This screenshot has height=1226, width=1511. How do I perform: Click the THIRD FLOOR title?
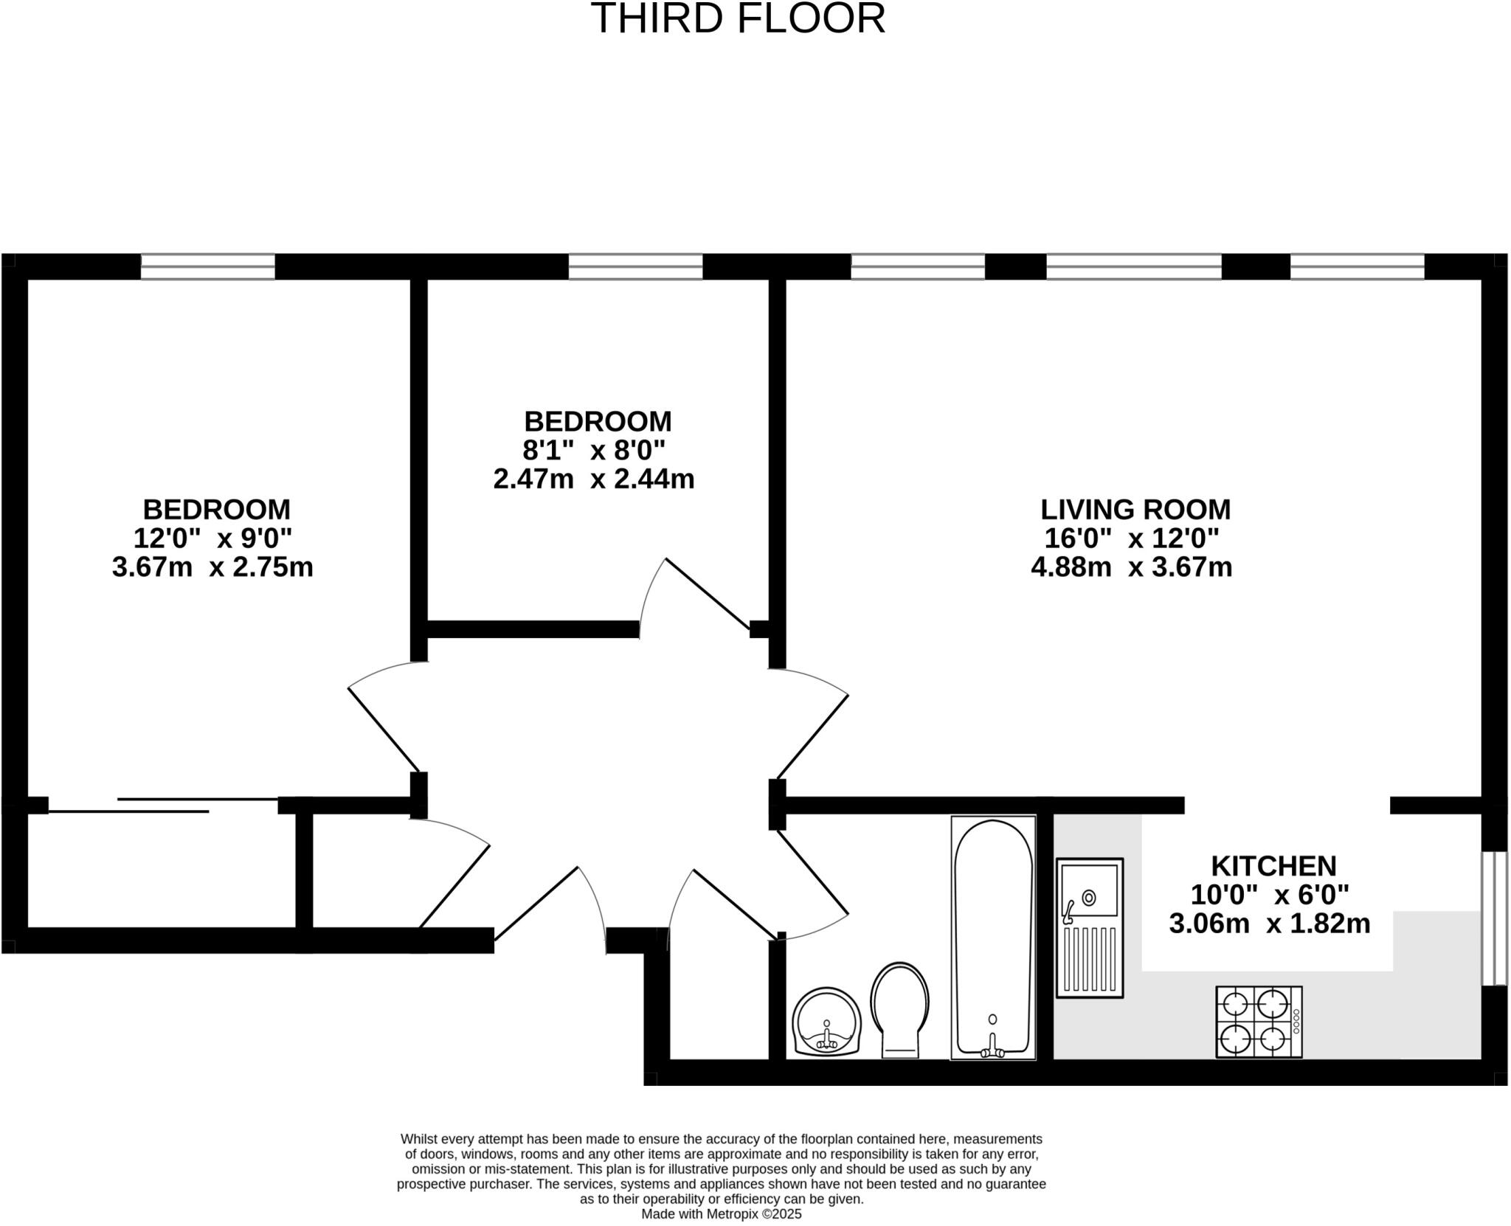(x=738, y=19)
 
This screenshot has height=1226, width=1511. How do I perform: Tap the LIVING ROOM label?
(x=1135, y=510)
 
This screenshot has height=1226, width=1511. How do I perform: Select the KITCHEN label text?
(x=1273, y=865)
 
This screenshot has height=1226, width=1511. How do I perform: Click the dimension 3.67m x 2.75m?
(x=212, y=567)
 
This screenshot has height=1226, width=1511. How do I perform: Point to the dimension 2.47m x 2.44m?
(x=594, y=479)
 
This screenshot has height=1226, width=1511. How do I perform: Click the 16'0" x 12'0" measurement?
(x=1131, y=538)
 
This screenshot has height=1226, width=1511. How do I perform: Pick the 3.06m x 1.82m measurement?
(x=1269, y=923)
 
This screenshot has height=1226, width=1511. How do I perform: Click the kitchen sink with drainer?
(x=1089, y=927)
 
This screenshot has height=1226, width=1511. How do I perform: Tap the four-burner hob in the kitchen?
(x=1259, y=1022)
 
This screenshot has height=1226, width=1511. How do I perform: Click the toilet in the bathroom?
(x=899, y=1008)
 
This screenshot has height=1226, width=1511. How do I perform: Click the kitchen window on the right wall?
(x=1495, y=918)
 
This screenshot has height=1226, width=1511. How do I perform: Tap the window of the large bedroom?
(x=207, y=266)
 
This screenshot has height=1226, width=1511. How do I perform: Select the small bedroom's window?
(x=635, y=266)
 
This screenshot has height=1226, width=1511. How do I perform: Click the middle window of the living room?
(x=1134, y=266)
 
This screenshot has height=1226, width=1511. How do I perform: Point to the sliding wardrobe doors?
(x=162, y=805)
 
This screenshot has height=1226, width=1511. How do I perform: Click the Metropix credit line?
(x=721, y=1213)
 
